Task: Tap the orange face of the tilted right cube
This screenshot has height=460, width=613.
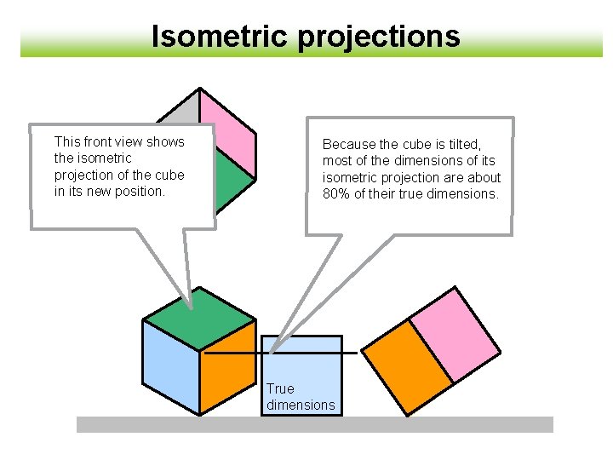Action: [408, 367]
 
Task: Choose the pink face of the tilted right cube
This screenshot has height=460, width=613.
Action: [455, 335]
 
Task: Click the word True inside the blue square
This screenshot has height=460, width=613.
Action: [280, 388]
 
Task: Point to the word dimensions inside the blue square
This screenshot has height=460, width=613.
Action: [301, 405]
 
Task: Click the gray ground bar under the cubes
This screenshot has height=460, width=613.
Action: [315, 424]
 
